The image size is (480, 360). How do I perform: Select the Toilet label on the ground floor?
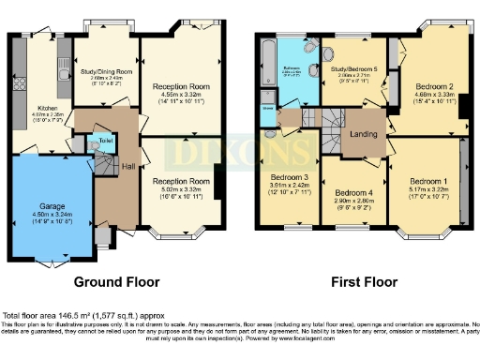pos(105,142)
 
